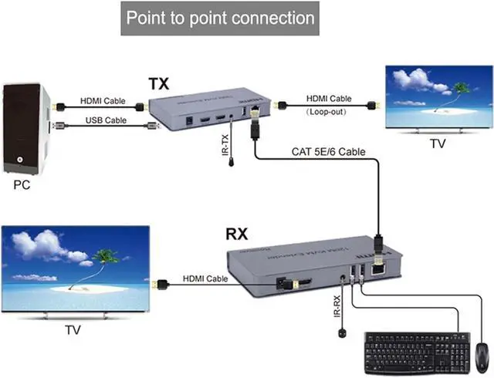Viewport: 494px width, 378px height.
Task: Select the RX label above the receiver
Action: (236, 234)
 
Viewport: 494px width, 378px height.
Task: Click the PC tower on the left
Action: (25, 127)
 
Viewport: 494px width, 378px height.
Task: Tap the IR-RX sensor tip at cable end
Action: (340, 334)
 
